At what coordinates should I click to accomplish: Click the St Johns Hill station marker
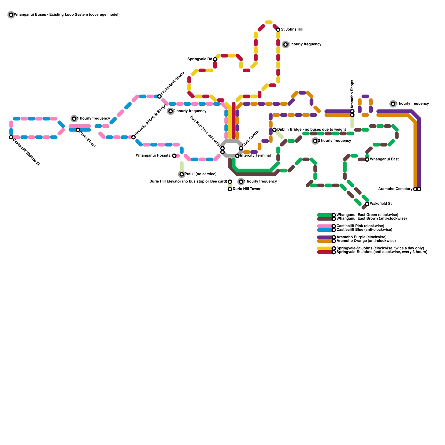point(278,30)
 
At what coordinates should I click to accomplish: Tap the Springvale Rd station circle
point(215,59)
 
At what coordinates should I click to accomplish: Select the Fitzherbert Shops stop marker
point(159,97)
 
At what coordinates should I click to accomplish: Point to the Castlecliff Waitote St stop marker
point(11,137)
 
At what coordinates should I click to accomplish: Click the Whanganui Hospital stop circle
point(174,156)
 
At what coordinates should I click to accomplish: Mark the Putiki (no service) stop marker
point(182,174)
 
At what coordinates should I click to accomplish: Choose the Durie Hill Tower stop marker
point(230,189)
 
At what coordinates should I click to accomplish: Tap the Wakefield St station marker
point(367,204)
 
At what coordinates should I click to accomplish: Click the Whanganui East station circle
point(367,159)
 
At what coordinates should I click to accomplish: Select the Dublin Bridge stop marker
point(275,130)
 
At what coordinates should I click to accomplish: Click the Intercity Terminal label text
point(255,155)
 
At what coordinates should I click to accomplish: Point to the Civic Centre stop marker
point(241,148)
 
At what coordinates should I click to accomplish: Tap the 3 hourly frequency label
point(305,44)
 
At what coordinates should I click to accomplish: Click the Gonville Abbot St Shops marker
point(133,137)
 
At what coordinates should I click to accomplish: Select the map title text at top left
point(67,15)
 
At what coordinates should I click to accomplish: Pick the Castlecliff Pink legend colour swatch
point(325,226)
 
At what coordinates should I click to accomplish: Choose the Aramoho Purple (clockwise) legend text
point(361,237)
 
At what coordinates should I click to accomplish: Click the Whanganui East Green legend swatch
point(325,215)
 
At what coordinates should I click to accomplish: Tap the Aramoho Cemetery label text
point(395,189)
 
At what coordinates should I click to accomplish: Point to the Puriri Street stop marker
point(78,130)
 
